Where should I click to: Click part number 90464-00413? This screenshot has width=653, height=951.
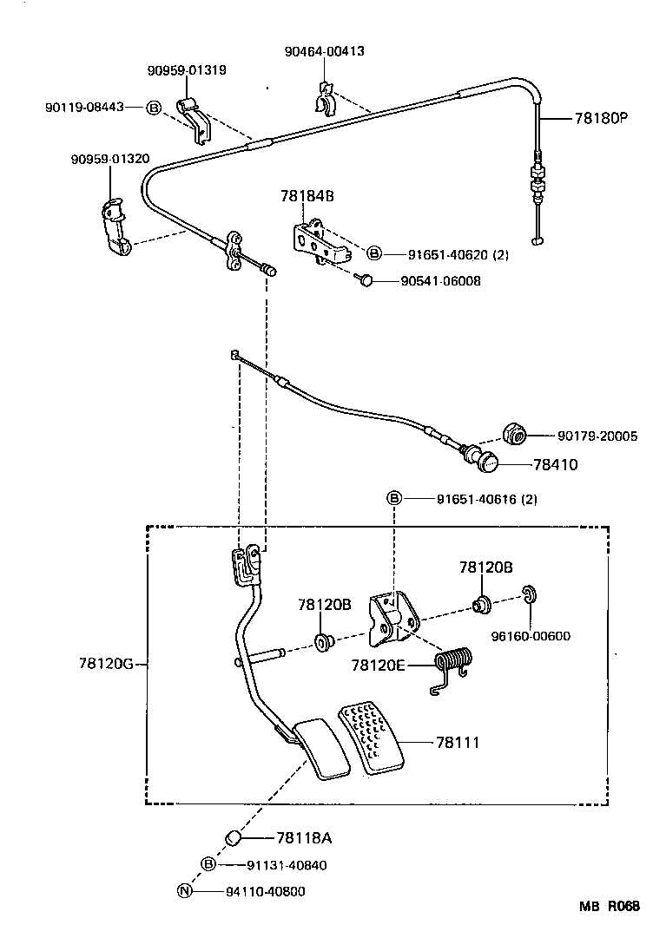tap(324, 52)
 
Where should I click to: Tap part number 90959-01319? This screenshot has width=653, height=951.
tap(187, 70)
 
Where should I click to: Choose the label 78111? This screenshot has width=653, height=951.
tap(458, 743)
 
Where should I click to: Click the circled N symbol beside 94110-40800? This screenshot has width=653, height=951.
tap(184, 890)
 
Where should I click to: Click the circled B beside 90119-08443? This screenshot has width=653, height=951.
tap(153, 107)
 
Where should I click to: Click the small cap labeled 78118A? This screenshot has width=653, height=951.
tap(232, 837)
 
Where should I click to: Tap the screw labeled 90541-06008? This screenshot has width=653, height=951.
tap(366, 279)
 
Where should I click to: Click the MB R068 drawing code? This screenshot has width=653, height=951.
tap(610, 907)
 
